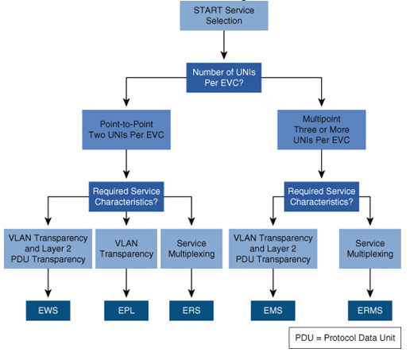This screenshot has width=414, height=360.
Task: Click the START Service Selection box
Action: click(x=224, y=16)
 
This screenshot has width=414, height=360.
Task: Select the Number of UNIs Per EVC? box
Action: click(x=224, y=78)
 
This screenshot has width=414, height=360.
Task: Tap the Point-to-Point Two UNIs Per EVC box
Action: click(x=126, y=130)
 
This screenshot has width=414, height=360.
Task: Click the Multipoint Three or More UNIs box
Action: click(x=322, y=130)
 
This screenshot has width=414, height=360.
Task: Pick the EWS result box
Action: click(x=48, y=311)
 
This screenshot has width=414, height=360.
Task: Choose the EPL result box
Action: click(x=126, y=311)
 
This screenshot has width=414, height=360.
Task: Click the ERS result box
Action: click(x=192, y=311)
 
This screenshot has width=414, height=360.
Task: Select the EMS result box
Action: click(x=273, y=311)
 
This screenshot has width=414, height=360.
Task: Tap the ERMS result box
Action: click(x=370, y=311)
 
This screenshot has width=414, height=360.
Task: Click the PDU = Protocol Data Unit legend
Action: click(x=345, y=338)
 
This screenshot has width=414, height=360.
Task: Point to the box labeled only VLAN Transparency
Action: click(x=126, y=249)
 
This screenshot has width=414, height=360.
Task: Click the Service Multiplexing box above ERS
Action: click(x=192, y=249)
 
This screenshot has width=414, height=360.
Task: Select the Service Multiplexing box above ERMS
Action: click(x=370, y=249)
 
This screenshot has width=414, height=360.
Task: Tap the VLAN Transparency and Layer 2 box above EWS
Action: click(x=48, y=249)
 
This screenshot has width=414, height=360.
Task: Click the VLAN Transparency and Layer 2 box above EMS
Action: click(x=273, y=249)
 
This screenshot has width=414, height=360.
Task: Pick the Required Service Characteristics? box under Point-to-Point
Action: click(x=126, y=196)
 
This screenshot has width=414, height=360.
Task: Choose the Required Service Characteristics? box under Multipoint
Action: click(x=322, y=196)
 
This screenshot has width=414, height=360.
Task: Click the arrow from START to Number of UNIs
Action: click(x=224, y=45)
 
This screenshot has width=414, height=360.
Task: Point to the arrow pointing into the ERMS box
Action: click(x=370, y=283)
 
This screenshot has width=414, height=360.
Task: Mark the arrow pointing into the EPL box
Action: click(x=126, y=283)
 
